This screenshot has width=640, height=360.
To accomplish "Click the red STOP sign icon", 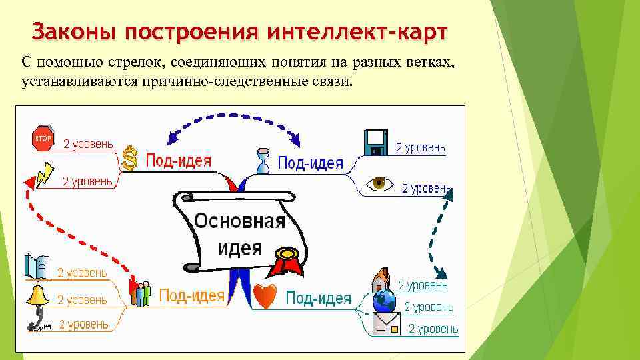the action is tap(42, 138).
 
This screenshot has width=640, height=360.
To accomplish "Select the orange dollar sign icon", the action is tap(131, 158).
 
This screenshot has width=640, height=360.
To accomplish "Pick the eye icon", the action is tap(381, 183).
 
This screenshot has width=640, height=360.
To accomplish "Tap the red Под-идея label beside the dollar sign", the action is tap(179, 160).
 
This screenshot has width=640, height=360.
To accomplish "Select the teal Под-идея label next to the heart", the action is tap(318, 297).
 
